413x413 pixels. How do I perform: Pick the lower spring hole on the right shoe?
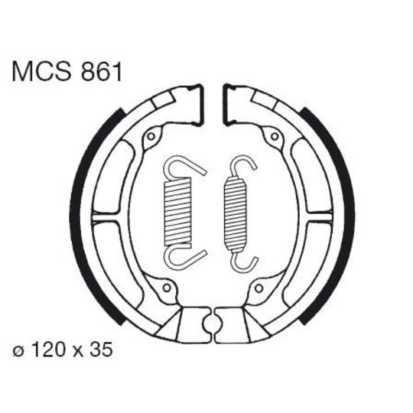click(x=259, y=288)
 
